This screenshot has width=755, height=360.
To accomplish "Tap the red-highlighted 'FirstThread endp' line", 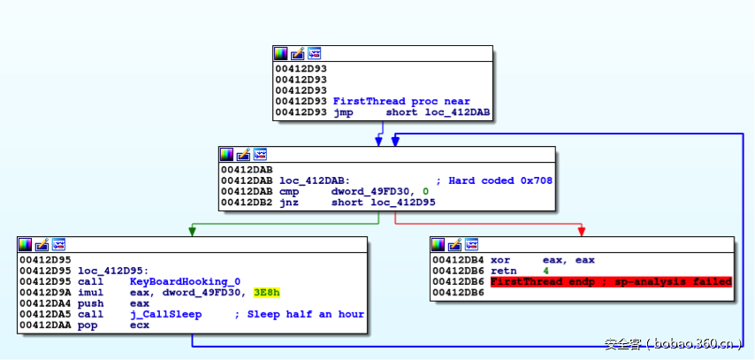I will (x=611, y=281).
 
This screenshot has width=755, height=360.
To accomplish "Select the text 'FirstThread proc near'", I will (x=401, y=102).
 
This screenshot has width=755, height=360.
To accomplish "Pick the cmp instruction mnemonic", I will (x=287, y=191).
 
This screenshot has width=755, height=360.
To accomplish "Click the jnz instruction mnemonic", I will (x=287, y=202).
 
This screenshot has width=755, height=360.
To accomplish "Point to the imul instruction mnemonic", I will (x=91, y=292).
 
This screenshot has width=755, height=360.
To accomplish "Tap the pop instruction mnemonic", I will (x=88, y=325).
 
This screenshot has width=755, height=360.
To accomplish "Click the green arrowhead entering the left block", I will (x=190, y=232).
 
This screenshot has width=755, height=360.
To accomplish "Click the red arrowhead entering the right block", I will (x=581, y=232).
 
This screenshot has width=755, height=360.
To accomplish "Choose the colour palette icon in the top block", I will (x=280, y=54).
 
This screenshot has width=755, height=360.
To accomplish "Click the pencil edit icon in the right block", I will (x=455, y=245).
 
